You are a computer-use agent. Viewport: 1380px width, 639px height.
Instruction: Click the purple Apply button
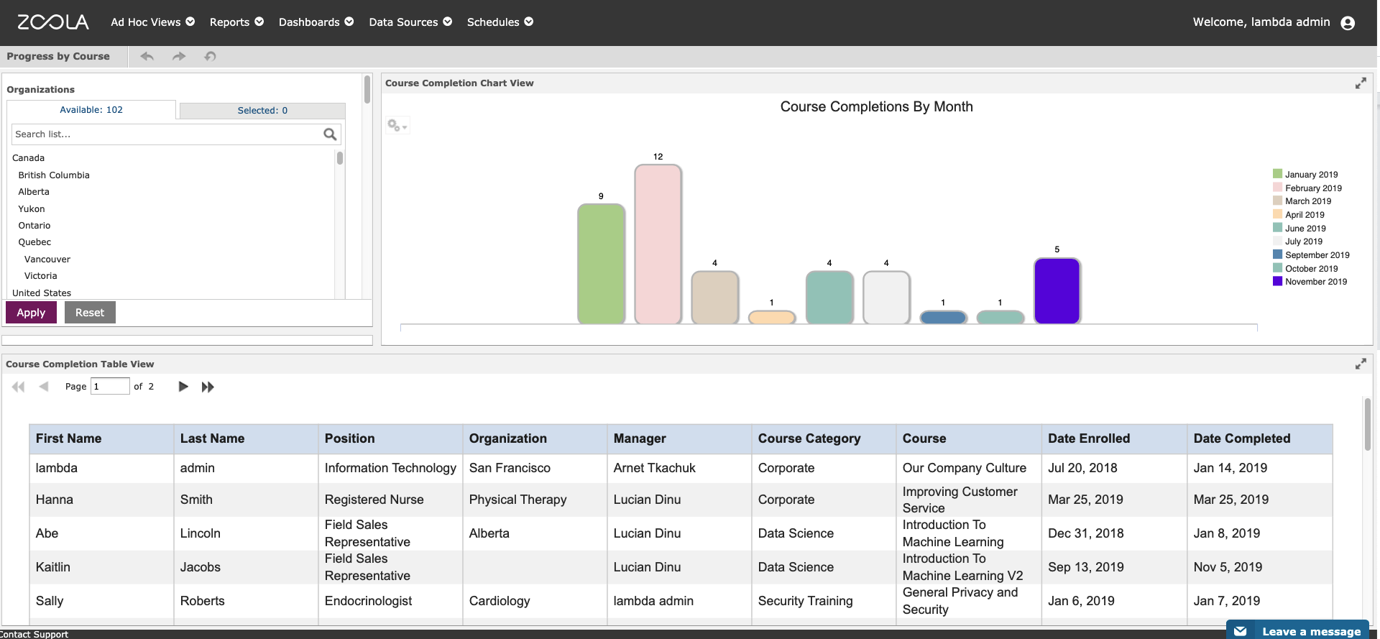pos(31,313)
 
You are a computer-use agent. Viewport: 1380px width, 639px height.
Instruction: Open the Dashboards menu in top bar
pos(316,22)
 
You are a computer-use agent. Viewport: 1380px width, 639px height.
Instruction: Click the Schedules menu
pos(500,22)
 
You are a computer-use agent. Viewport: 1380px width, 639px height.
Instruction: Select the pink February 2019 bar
pos(658,244)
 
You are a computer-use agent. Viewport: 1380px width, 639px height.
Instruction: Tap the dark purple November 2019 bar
pos(1057,291)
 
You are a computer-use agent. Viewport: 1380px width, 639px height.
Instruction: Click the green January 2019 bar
pos(601,264)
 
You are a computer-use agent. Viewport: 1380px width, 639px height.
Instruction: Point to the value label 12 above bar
pos(658,157)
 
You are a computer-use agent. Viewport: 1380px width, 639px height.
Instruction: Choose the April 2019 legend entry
pos(1305,215)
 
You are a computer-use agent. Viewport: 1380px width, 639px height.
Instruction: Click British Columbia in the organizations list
pos(54,175)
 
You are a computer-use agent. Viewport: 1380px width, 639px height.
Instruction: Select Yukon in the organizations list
pos(32,209)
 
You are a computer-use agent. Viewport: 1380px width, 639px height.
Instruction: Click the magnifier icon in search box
pos(330,134)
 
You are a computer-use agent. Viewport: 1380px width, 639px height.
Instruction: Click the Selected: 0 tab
pos(262,111)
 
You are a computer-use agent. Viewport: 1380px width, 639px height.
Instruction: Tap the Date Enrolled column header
pos(1088,438)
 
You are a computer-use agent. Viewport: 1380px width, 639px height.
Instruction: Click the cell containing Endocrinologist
pos(368,601)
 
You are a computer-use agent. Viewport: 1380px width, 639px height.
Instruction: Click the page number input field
pos(110,387)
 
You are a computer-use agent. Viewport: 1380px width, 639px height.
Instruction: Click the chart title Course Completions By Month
pos(876,107)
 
